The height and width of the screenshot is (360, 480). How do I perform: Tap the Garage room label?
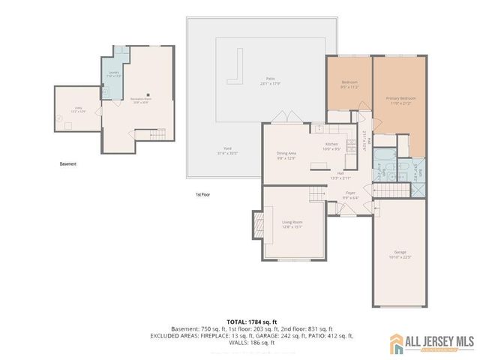click(400, 253)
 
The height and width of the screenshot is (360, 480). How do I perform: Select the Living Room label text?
click(292, 224)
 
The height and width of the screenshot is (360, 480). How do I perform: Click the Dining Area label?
click(287, 155)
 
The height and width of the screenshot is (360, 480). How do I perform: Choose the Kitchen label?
click(332, 145)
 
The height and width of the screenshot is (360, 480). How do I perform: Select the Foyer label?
click(349, 195)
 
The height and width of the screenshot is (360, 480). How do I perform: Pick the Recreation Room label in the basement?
click(142, 100)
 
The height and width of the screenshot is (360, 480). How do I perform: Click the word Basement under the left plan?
click(68, 163)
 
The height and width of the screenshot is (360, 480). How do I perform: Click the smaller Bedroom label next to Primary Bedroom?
click(349, 84)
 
